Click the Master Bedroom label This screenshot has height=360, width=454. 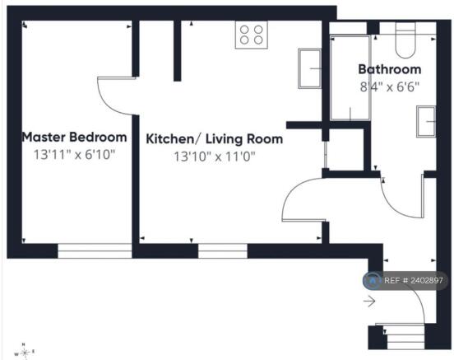click(74, 138)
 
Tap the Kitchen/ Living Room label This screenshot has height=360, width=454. click(215, 139)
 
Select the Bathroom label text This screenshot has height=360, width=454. click(390, 69)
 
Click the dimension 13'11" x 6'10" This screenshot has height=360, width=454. click(74, 155)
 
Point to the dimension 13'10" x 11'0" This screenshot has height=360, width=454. click(215, 157)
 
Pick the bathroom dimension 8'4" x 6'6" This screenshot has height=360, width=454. click(390, 86)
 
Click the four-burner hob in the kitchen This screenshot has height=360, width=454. click(252, 35)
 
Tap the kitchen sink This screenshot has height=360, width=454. click(309, 68)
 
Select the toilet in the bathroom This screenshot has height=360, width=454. click(405, 40)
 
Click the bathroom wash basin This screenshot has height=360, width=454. click(426, 122)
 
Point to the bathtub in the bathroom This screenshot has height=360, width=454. click(350, 77)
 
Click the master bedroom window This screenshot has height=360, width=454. click(95, 251)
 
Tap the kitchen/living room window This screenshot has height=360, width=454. click(223, 251)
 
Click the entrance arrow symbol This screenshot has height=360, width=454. click(369, 302)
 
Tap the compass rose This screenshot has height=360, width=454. click(25, 352)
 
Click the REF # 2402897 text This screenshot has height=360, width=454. click(414, 281)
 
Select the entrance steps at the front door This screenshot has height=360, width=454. click(405, 337)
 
